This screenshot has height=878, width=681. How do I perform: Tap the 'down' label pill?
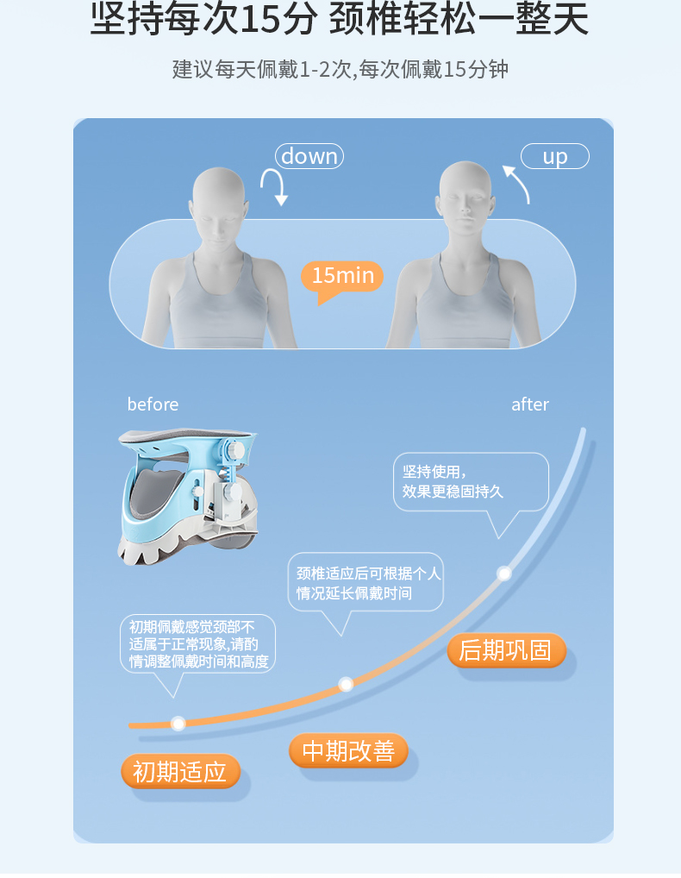click(309, 156)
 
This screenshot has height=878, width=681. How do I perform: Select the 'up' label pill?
click(554, 156)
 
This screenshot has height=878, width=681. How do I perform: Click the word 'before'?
click(153, 405)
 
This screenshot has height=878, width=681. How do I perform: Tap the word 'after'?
click(530, 405)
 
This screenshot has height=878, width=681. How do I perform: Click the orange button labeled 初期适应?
click(180, 772)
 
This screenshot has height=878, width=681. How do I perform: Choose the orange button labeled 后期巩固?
click(506, 650)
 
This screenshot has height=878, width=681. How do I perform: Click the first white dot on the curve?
click(178, 724)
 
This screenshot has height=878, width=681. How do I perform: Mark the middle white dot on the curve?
click(346, 684)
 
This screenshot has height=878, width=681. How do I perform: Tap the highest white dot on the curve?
click(504, 574)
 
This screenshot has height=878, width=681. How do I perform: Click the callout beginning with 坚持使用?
click(471, 482)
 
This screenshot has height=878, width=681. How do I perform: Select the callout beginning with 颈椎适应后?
click(365, 583)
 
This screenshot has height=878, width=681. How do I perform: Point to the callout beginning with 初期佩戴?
click(197, 644)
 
